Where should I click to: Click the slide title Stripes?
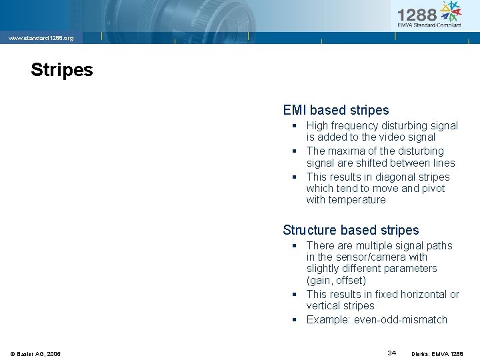pos(62,70)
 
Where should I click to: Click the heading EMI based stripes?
pos(335,110)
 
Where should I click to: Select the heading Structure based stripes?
pos(351,230)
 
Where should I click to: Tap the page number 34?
pos(393,352)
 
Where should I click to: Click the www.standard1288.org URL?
pos(41,38)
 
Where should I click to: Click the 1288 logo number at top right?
pos(417,14)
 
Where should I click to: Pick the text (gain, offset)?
pos(336,281)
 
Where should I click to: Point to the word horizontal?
pos(422,295)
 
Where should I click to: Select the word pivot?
pos(432,189)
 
